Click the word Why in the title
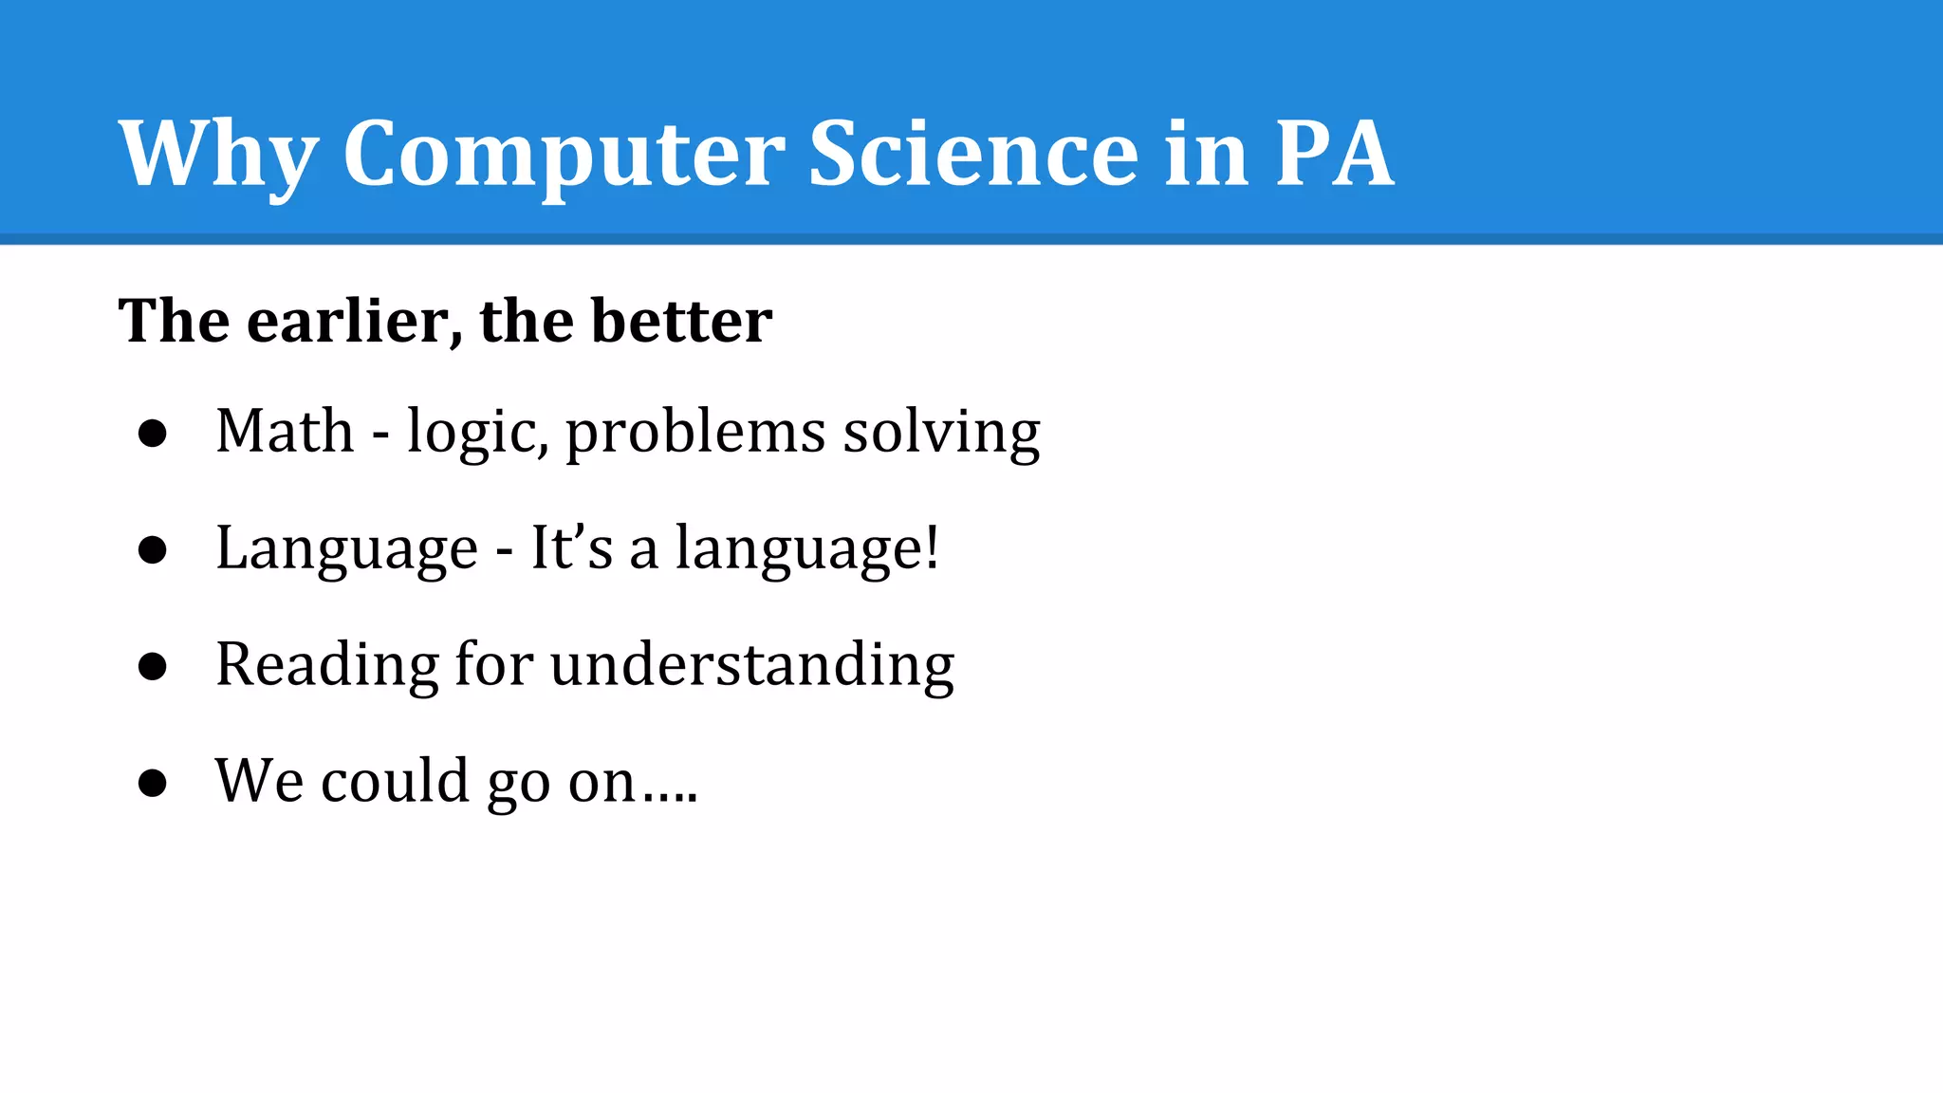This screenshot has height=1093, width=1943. [x=217, y=155]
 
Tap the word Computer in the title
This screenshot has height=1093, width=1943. [x=563, y=155]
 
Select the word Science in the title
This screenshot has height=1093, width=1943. [x=973, y=153]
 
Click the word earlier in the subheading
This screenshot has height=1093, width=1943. [x=347, y=321]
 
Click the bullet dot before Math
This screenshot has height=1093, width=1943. [x=152, y=434]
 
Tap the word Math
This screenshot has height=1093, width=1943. [x=285, y=432]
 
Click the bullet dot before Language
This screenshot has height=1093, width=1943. [x=152, y=550]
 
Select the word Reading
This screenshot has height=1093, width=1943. [x=326, y=665]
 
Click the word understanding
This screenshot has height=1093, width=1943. [x=751, y=665]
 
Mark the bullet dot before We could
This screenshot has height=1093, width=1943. [x=152, y=784]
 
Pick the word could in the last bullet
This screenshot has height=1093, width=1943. [x=395, y=782]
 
